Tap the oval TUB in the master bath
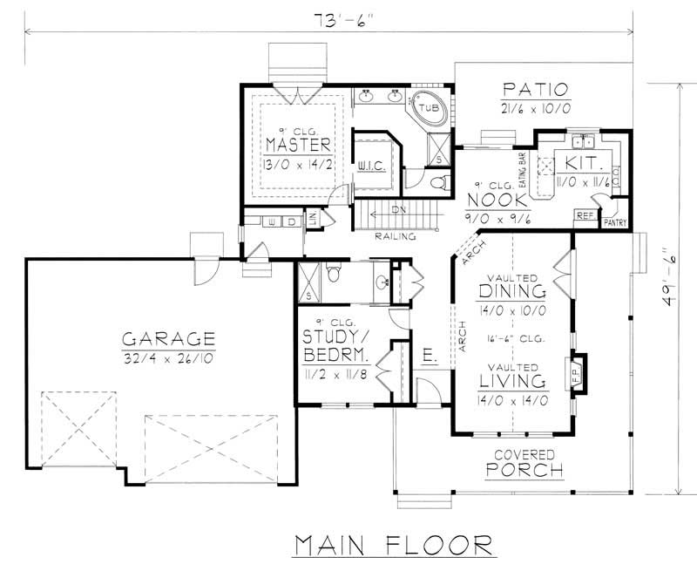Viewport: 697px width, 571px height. [428, 108]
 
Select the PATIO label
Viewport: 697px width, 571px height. [535, 89]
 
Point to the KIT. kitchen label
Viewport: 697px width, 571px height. [579, 162]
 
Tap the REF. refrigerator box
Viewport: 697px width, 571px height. [583, 214]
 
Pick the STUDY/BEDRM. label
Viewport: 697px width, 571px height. [337, 347]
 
